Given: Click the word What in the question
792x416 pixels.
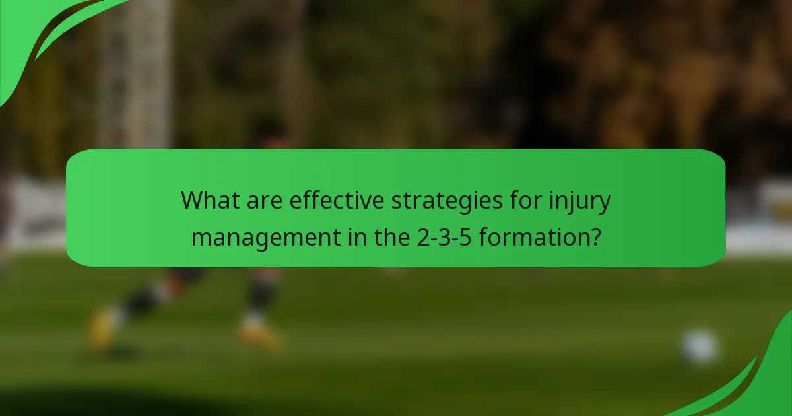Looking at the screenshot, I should (211, 199).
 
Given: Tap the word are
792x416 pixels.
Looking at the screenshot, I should (266, 199).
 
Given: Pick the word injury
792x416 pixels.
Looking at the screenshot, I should (579, 201).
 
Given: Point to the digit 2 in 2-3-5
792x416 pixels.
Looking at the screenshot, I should (423, 236).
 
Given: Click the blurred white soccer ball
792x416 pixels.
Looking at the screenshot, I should (699, 347).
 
